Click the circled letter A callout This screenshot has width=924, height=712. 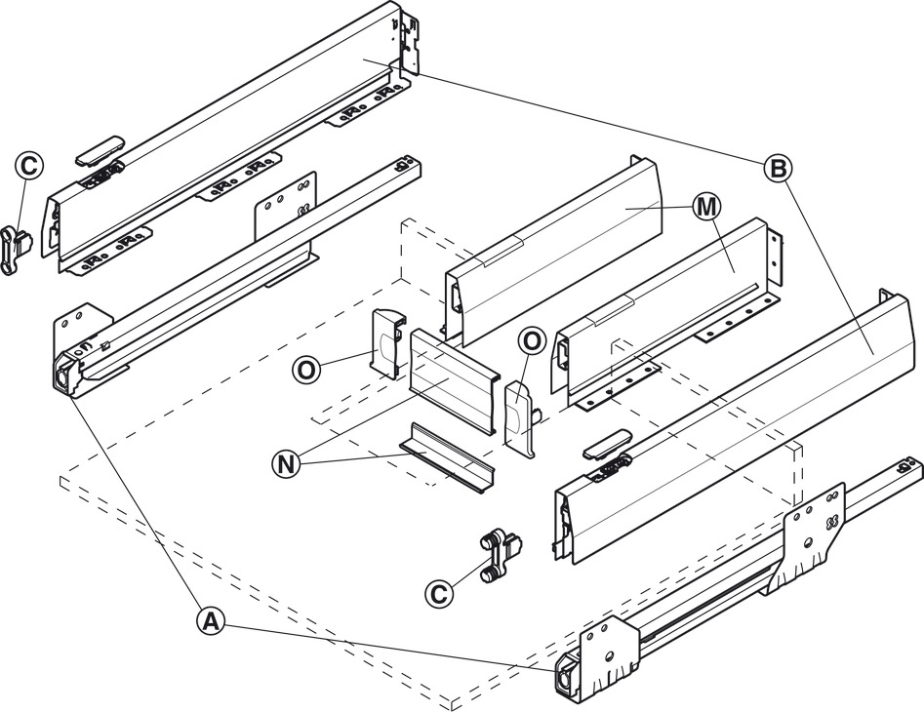tap(211, 619)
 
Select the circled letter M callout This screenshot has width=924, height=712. tap(705, 206)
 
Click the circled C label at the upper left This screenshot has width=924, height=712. tap(29, 166)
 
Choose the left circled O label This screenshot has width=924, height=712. tap(307, 370)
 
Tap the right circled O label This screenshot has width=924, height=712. tap(533, 341)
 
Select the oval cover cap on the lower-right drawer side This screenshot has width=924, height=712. tap(608, 443)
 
